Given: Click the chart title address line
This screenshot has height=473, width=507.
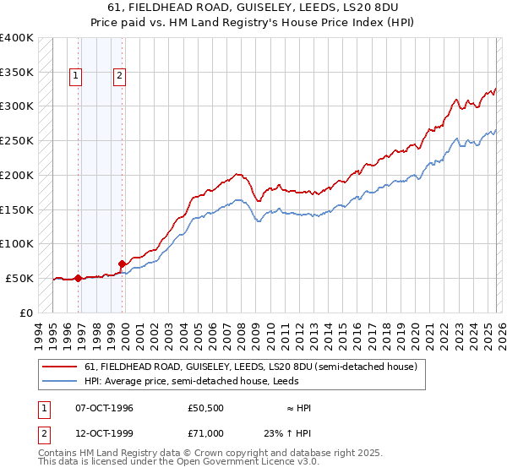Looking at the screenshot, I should tap(253, 8).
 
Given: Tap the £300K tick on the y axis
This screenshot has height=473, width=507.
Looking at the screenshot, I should tap(16, 106).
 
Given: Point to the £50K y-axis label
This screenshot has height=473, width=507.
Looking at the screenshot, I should tap(19, 278).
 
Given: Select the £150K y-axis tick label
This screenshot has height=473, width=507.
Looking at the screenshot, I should tap(16, 209).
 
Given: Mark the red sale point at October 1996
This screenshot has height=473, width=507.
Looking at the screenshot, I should tap(79, 277).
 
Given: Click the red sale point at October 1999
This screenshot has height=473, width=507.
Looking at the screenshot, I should tap(122, 264).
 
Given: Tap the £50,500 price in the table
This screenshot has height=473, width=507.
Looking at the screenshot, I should tap(206, 408).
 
